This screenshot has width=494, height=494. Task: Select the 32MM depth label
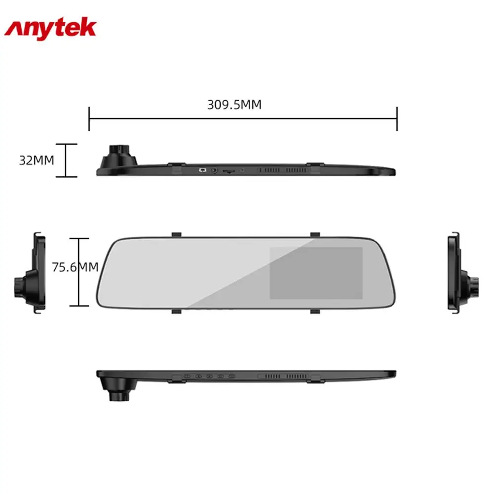tap(36, 160)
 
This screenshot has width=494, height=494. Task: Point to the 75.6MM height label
tap(75, 267)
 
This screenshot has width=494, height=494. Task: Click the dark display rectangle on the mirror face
tap(316, 272)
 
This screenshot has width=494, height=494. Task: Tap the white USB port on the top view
tap(202, 170)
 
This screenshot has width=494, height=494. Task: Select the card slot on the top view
tap(228, 170)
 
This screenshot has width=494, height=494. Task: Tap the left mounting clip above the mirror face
tap(176, 233)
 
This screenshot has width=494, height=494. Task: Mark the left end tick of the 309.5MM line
tap(89, 118)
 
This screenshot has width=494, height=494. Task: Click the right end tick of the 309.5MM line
tap(397, 118)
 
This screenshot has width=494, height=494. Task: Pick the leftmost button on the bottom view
tap(188, 376)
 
